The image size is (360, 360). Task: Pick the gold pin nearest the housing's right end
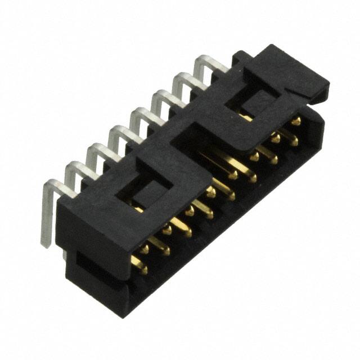tap(295, 121)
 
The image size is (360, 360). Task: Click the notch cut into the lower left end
tap(84, 264)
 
